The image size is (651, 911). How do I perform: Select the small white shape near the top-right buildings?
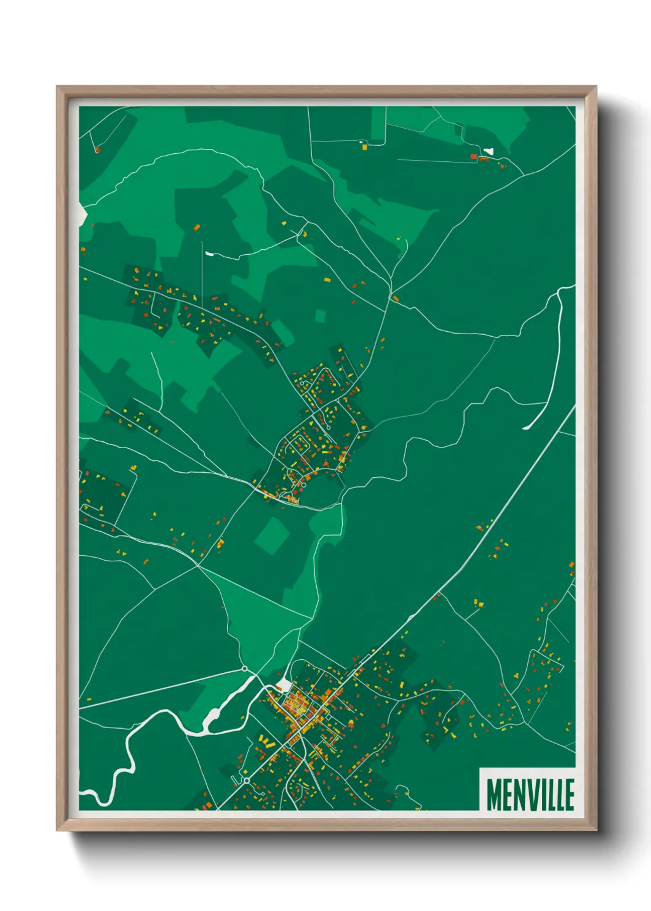point(489,151)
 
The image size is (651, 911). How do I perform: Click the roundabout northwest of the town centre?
point(244,668)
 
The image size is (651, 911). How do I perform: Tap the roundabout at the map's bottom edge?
point(246,781)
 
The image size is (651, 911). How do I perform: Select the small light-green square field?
point(320,316)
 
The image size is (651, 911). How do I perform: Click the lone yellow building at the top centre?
point(364,147)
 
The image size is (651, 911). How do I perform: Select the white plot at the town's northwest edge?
point(284,686)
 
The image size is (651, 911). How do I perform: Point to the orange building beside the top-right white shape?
point(474,157)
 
